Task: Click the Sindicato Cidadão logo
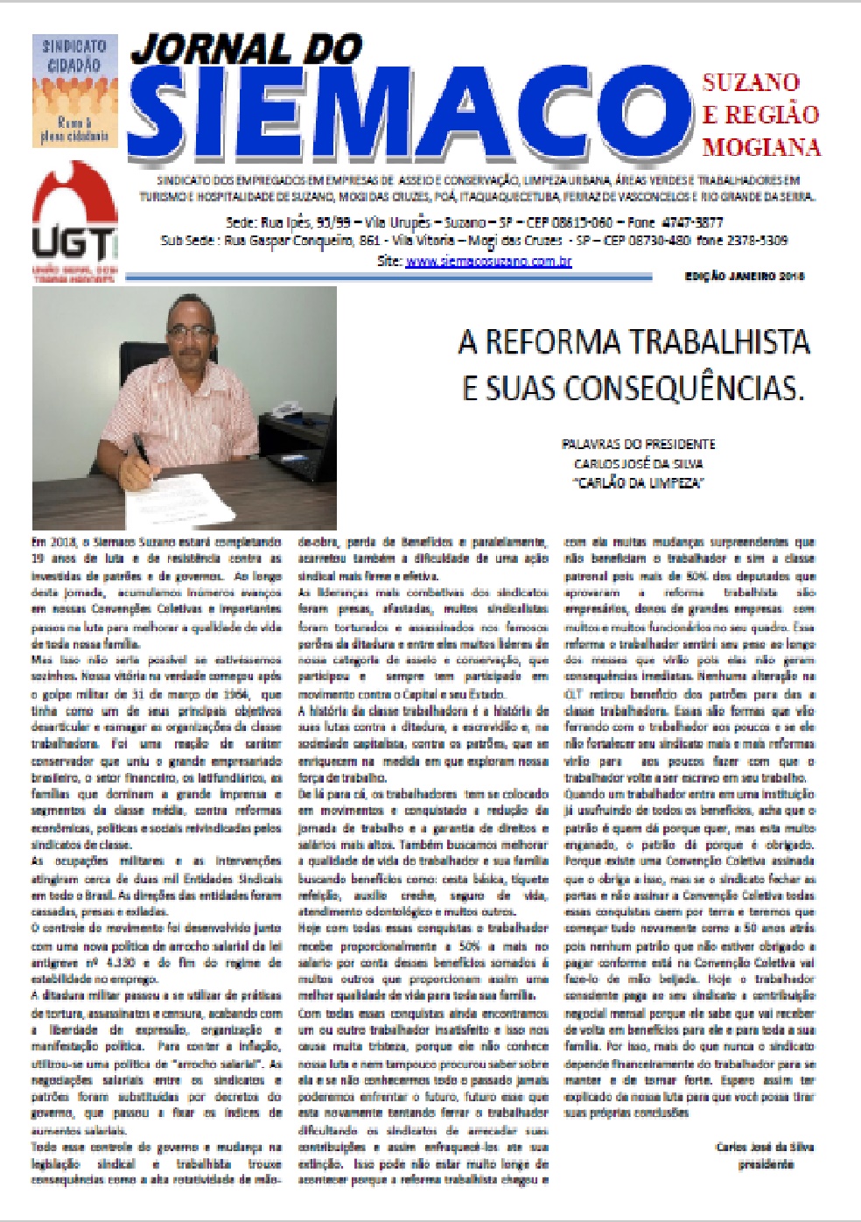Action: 75,90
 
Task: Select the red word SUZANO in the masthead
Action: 750,83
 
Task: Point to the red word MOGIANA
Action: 760,147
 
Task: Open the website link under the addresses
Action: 488,261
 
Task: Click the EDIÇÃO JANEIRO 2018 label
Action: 744,277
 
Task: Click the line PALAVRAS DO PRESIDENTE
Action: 638,444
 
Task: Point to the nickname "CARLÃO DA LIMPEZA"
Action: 638,483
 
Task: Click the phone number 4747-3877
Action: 691,222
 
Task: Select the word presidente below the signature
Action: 765,1164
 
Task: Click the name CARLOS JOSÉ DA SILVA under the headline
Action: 638,464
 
